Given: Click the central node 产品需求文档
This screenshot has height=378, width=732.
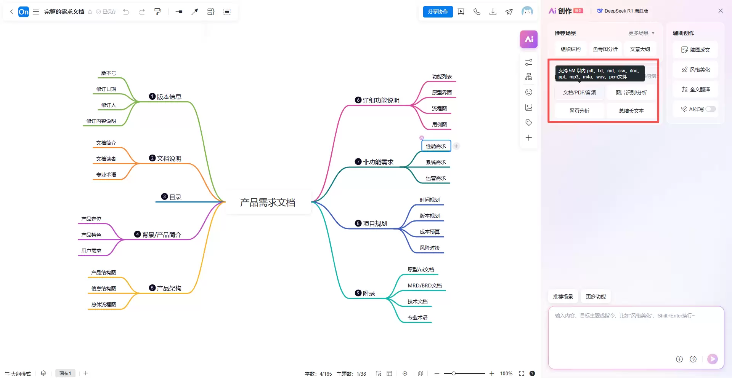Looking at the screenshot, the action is click(x=268, y=202).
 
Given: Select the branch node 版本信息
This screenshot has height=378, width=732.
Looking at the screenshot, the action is click(x=165, y=97).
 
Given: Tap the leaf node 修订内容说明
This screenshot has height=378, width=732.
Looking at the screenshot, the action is click(x=101, y=121).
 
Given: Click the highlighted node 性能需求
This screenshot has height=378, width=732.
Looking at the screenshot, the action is click(x=436, y=146).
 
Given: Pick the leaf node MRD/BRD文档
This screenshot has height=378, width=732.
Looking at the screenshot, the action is click(x=424, y=285).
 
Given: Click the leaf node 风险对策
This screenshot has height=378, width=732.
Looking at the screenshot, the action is click(x=430, y=248).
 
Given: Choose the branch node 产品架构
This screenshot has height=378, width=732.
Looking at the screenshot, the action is click(x=165, y=288).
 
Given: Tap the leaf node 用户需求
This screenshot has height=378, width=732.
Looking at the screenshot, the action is click(x=91, y=251).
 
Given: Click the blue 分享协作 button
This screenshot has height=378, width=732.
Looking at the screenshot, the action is click(x=438, y=12).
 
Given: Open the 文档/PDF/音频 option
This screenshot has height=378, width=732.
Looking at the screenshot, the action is click(x=579, y=93).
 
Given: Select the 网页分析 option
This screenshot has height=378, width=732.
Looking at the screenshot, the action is click(x=579, y=111).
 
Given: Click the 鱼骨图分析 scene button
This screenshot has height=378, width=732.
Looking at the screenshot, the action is click(x=605, y=49).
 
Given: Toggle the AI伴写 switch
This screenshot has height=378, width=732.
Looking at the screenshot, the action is click(x=710, y=109).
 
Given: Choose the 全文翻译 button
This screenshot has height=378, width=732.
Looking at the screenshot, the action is click(x=695, y=89).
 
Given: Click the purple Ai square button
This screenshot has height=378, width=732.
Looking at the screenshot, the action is click(x=529, y=39).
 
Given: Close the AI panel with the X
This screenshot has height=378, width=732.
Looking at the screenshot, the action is click(x=721, y=11).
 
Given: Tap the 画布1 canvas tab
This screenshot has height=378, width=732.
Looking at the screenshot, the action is click(x=65, y=373).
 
